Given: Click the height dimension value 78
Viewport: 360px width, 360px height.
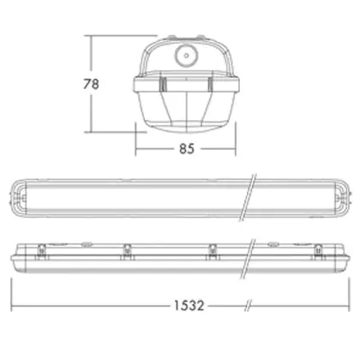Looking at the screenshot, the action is coord(91,84).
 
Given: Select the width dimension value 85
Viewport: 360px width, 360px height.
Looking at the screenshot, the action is coord(187,149).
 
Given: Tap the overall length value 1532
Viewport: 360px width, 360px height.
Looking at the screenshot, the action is coord(189,305).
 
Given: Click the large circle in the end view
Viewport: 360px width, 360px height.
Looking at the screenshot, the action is coord(186,56).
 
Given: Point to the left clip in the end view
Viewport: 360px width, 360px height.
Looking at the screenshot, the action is coord(163,84).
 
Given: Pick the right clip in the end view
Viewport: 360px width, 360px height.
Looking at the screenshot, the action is coord(210,84).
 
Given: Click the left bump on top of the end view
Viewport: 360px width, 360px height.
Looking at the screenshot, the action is coord(171,37).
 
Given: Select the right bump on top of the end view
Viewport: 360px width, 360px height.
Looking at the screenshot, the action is coord(201,37).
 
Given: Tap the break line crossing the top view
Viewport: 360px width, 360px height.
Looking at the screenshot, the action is coord(248,197).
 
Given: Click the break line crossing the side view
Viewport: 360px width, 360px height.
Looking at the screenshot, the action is coord(248,259).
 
